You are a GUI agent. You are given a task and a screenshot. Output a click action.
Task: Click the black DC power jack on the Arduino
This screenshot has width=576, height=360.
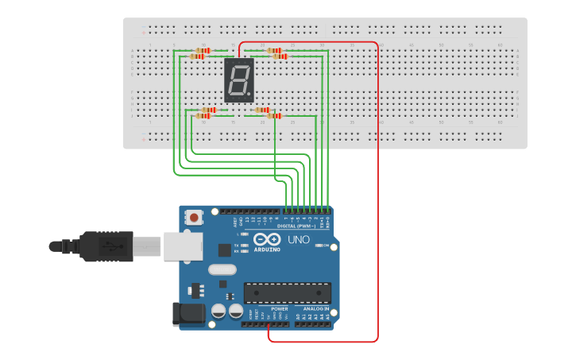pyautogui.click(x=187, y=313)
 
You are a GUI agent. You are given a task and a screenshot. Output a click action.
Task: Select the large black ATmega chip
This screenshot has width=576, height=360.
pyautogui.click(x=287, y=292)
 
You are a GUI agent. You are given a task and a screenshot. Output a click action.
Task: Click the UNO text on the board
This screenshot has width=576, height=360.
pyautogui.click(x=298, y=239)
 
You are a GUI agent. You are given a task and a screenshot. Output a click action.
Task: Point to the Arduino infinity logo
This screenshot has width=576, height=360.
pyautogui.click(x=267, y=239)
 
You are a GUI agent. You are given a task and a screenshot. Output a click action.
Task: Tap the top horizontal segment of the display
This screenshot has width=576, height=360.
pyautogui.click(x=239, y=64)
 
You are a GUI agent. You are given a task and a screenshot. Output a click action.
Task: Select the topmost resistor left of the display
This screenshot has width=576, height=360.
pyautogui.click(x=202, y=51)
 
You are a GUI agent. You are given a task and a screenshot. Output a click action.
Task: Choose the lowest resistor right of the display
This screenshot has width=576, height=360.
pyautogui.click(x=273, y=116)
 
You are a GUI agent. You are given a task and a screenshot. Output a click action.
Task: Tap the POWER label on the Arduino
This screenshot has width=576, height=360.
pyautogui.click(x=279, y=308)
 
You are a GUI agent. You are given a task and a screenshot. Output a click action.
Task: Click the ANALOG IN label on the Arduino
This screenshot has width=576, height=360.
pyautogui.click(x=315, y=308)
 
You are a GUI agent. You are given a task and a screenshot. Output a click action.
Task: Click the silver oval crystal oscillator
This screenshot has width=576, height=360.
pyautogui.click(x=222, y=269)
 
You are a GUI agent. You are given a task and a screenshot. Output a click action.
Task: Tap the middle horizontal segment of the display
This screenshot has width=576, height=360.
pyautogui.click(x=239, y=80)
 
